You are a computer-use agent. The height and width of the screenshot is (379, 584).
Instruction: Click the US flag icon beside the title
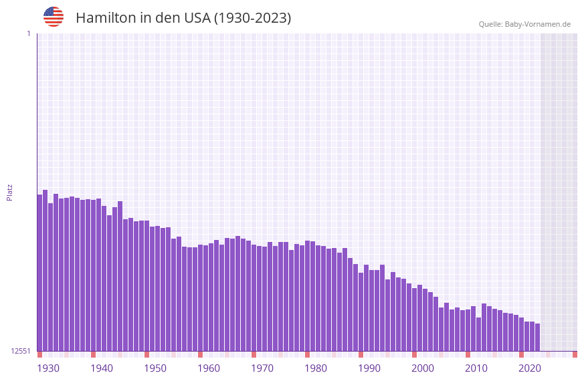54,17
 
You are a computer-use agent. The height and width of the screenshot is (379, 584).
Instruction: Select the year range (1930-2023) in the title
252,18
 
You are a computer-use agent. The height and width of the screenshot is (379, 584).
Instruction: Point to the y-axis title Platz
9,192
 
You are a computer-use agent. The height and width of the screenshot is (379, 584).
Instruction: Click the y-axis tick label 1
28,33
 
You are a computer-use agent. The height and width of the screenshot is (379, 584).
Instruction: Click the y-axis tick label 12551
21,351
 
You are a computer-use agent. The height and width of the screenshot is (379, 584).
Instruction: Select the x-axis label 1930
48,368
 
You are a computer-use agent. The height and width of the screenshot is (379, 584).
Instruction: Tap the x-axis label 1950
155,368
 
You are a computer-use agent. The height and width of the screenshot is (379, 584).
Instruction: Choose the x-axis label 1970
262,368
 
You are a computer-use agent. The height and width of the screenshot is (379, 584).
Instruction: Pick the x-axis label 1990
369,368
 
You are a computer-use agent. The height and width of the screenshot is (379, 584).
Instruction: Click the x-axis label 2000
423,368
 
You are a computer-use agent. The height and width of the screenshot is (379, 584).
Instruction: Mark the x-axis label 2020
530,368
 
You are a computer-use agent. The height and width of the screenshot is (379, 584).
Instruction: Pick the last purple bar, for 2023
537,337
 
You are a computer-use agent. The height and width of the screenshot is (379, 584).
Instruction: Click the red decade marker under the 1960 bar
200,354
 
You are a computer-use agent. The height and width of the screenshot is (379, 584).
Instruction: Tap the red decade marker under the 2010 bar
468,354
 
